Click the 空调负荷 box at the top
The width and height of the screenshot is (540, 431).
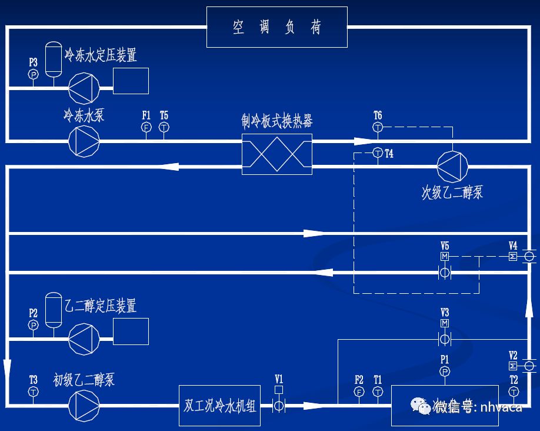[276, 27]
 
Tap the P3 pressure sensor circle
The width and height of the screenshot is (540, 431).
[34, 74]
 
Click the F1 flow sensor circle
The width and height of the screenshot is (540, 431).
[146, 127]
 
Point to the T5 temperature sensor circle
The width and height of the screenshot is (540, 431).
[164, 127]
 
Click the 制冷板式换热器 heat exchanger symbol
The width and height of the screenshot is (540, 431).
[277, 154]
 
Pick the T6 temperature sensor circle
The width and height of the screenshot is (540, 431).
[378, 127]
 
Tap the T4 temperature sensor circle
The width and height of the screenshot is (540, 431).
[378, 154]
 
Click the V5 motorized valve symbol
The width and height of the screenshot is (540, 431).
[445, 272]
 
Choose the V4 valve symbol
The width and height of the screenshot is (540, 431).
[528, 257]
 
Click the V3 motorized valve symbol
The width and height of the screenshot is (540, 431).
[445, 339]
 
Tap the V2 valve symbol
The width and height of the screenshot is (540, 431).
[528, 366]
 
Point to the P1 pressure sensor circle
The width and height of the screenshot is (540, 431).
[445, 372]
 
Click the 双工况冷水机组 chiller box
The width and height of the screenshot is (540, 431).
[219, 405]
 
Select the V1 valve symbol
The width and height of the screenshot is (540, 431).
[279, 405]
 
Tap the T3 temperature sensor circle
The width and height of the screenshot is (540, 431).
[34, 392]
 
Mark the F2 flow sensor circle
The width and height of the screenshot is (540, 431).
[359, 392]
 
